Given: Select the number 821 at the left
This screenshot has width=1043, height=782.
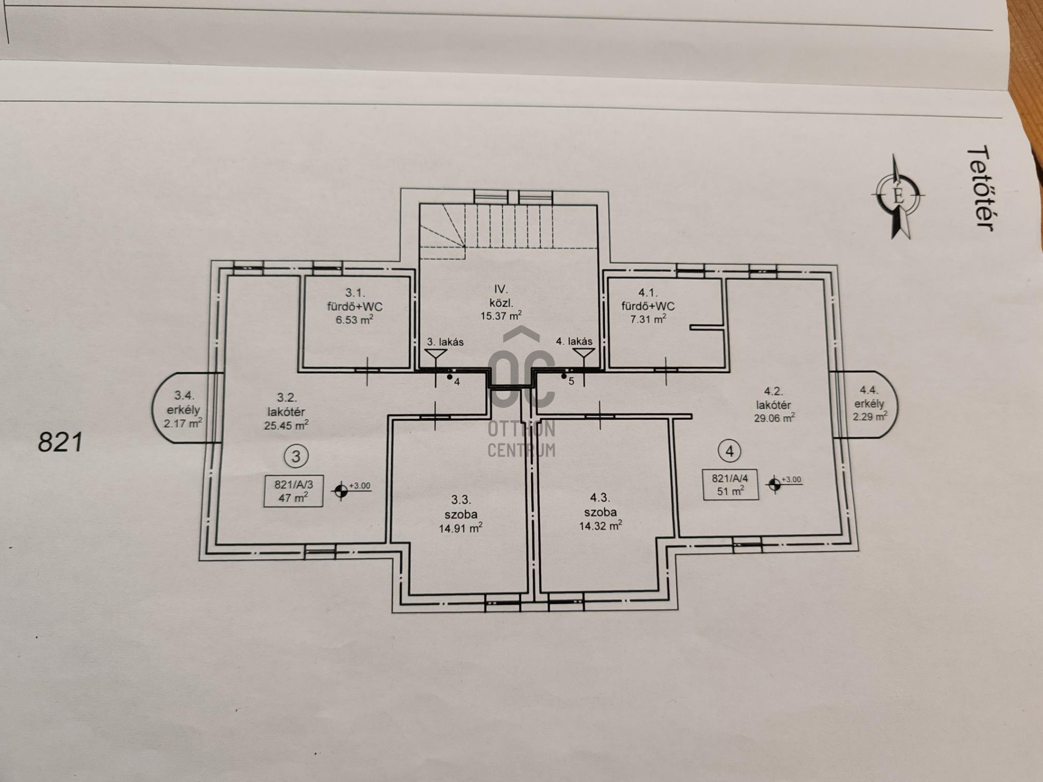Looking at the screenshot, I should pyautogui.click(x=60, y=443).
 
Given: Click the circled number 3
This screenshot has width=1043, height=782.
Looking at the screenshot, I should pyautogui.click(x=296, y=456).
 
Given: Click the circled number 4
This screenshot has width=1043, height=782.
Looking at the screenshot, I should pyautogui.click(x=729, y=451).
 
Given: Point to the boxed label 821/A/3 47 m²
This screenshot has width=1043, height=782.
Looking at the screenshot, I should pyautogui.click(x=293, y=491).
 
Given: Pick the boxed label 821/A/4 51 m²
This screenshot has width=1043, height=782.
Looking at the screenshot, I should pyautogui.click(x=730, y=484).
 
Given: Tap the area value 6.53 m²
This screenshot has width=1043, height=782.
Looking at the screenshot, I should pyautogui.click(x=354, y=320).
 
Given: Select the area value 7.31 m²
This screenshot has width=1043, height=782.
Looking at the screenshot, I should pyautogui.click(x=648, y=319).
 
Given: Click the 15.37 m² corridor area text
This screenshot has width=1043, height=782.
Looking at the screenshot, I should pyautogui.click(x=501, y=316).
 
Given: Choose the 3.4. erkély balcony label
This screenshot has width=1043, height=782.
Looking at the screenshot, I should pyautogui.click(x=183, y=409).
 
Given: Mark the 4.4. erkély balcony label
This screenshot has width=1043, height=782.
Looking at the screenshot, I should pyautogui.click(x=869, y=403).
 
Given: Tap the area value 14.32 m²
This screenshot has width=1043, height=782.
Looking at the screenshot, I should pyautogui.click(x=600, y=526).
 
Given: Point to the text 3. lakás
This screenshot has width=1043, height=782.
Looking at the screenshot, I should pyautogui.click(x=445, y=342).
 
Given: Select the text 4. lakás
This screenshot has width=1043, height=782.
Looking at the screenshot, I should pyautogui.click(x=574, y=342).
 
